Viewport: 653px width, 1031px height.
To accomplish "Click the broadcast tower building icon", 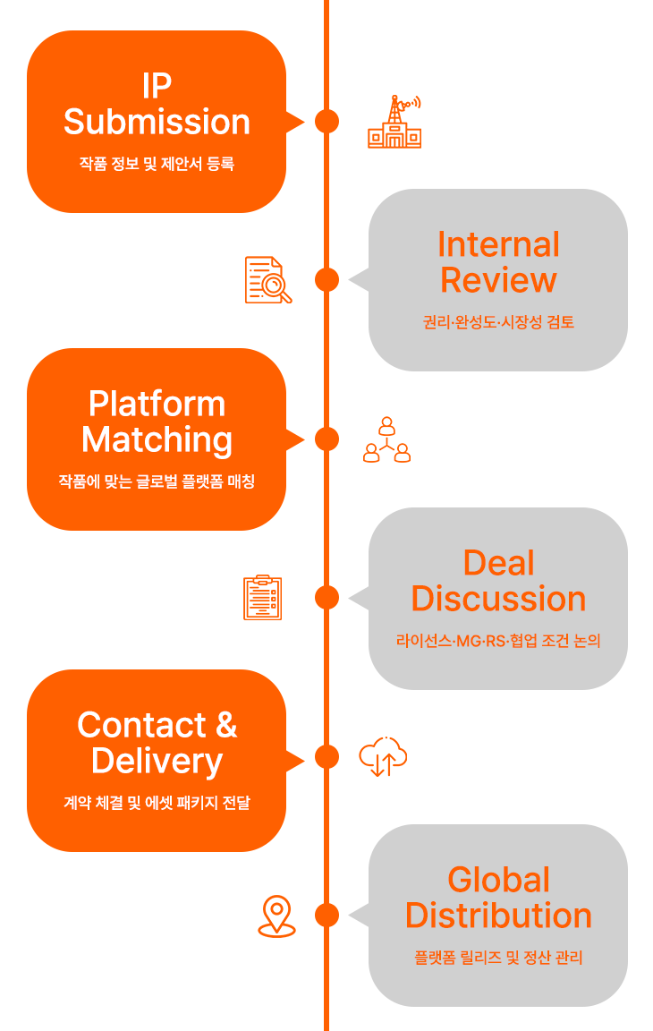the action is [x=394, y=122].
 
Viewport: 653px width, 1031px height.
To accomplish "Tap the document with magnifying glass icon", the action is [x=268, y=280].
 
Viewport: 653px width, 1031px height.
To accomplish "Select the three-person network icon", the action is [x=387, y=439].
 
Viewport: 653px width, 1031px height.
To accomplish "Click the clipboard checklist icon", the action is [x=263, y=598].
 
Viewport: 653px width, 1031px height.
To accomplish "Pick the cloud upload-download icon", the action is [x=383, y=757].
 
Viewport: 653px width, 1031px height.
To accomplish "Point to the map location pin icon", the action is [x=276, y=916].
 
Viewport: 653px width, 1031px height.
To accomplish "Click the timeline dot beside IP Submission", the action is [x=326, y=121].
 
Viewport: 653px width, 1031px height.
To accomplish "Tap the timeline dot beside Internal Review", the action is [x=326, y=279].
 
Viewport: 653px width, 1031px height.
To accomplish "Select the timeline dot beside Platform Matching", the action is [x=326, y=439].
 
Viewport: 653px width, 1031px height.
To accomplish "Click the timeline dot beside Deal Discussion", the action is [x=326, y=598].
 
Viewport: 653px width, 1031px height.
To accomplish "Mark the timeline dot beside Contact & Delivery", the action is [x=326, y=757].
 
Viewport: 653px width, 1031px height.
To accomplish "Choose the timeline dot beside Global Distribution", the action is [x=326, y=916].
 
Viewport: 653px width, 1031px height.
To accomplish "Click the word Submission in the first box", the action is [x=157, y=122].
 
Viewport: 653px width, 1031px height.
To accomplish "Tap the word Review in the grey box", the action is [x=498, y=280].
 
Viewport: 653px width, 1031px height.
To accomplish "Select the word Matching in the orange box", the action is [x=157, y=440].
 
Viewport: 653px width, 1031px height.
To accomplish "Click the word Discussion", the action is [x=498, y=599].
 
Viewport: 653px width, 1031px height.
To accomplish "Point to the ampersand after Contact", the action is [x=226, y=725].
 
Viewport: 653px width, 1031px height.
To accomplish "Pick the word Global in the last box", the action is [x=498, y=880].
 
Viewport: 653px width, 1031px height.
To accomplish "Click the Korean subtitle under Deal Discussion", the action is [x=498, y=641].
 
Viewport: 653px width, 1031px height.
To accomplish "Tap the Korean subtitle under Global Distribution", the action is [x=498, y=958].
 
